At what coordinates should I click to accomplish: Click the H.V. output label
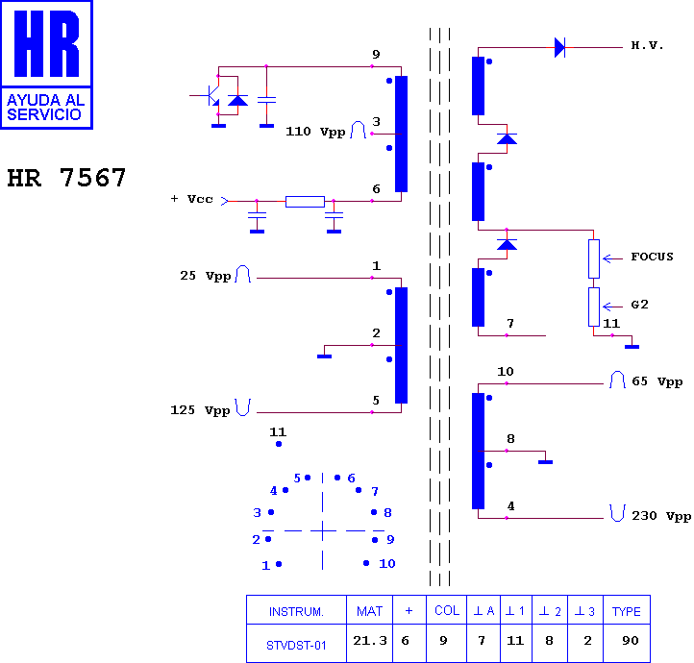coord(647,45)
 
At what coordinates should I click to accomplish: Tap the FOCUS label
coord(652,257)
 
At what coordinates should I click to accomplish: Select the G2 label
coord(639,305)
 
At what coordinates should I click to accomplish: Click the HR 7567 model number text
coord(67,178)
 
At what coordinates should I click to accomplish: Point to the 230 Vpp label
coord(661,516)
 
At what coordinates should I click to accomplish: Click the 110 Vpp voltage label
coord(315,132)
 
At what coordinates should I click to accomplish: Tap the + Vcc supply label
coord(191,199)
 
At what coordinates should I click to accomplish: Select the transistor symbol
coord(212,95)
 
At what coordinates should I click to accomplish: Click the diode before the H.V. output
coord(559,47)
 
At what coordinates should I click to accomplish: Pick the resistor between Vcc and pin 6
coord(305,202)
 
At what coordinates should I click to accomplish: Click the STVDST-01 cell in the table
coord(296,646)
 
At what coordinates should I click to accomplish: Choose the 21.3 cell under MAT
coord(370,641)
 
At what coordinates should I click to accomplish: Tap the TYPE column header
coord(627,611)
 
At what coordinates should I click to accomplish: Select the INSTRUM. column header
coord(296,612)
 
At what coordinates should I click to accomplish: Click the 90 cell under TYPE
coord(631,641)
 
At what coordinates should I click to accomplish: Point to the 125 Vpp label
coord(200,410)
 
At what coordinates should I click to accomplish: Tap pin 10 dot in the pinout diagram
coord(366,563)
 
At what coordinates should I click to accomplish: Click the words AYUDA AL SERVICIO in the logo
coord(45,108)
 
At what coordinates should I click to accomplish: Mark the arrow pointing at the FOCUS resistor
coord(612,258)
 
